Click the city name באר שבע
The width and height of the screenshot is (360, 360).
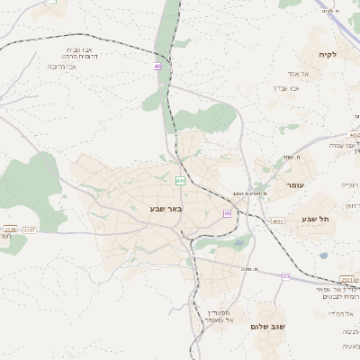(166, 209)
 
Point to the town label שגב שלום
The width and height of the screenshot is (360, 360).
(268, 327)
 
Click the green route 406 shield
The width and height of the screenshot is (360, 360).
(180, 180)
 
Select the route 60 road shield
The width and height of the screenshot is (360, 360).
(228, 213)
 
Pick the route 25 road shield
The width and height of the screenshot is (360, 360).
(286, 276)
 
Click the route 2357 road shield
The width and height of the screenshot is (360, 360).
(30, 230)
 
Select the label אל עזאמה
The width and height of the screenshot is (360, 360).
(206, 319)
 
